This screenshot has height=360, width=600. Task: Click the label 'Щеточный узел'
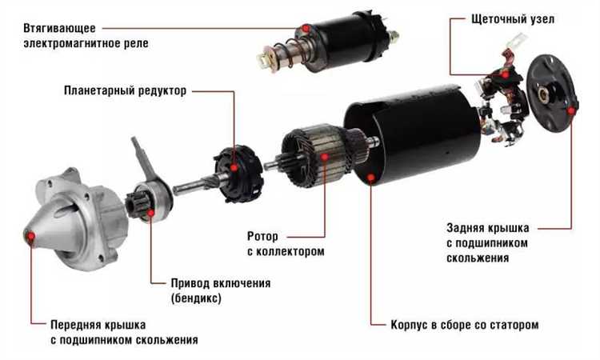(x=512, y=18)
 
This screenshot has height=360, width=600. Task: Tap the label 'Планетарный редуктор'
(x=125, y=90)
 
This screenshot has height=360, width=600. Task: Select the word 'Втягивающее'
(x=60, y=28)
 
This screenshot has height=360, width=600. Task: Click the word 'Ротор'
(x=262, y=237)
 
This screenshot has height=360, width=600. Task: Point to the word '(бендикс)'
(x=196, y=298)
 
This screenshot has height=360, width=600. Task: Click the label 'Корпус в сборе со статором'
(x=465, y=325)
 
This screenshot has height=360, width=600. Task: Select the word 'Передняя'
(x=74, y=325)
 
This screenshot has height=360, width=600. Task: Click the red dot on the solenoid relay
(x=306, y=28)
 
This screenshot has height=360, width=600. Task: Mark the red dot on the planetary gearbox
(x=234, y=167)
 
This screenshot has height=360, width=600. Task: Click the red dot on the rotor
(x=325, y=157)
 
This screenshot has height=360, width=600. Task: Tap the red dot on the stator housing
(x=370, y=177)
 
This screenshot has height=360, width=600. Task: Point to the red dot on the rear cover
(x=571, y=111)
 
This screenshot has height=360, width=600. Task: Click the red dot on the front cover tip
(x=30, y=237)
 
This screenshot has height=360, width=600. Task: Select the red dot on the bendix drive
(x=151, y=212)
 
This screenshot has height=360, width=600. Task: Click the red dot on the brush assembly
(x=506, y=74)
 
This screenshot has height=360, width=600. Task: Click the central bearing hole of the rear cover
(x=544, y=94)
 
